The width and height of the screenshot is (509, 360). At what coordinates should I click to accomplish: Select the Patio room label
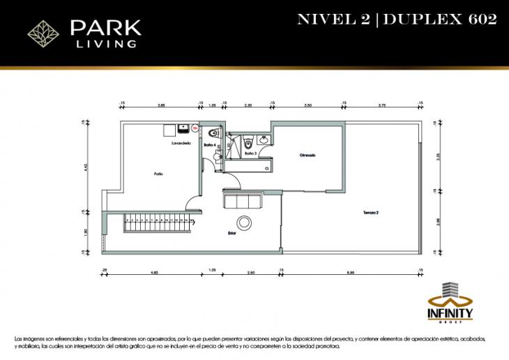click(x=159, y=174)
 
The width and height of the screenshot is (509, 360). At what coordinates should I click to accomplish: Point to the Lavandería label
click(x=181, y=144)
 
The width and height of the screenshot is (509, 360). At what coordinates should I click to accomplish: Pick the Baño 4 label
click(x=209, y=144)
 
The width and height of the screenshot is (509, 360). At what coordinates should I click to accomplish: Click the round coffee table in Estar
click(x=245, y=223)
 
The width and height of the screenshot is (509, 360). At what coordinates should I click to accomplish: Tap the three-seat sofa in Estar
click(x=241, y=201)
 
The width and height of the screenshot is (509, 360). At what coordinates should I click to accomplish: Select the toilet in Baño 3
click(x=248, y=138)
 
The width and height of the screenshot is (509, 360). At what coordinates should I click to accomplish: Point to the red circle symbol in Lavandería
click(x=195, y=128)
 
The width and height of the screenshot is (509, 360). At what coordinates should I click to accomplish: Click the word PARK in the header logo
click(x=105, y=29)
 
